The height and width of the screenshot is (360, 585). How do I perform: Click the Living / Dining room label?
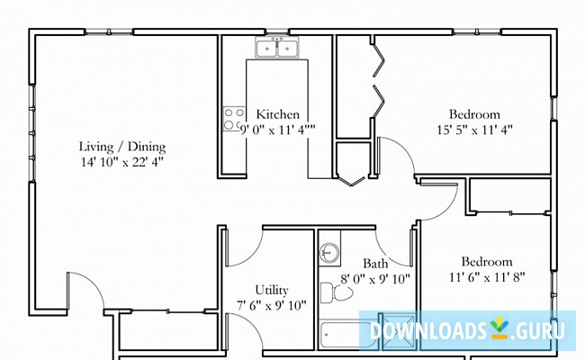pos(122,147)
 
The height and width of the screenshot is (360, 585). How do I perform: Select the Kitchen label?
pos(278,114)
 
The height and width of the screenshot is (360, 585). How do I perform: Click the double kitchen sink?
pos(277,49)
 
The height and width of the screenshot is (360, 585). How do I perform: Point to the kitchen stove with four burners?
pos(234,119)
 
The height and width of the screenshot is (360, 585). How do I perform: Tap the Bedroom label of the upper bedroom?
pos(474,114)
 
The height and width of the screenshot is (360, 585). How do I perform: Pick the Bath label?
pos(375,264)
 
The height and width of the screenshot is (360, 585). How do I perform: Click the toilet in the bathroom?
pos(329,292)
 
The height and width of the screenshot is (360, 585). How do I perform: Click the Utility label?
pos(271,290)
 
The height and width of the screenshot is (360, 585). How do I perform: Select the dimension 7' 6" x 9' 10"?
pos(271,305)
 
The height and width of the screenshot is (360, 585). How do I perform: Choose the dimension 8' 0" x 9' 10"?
pos(375,279)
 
